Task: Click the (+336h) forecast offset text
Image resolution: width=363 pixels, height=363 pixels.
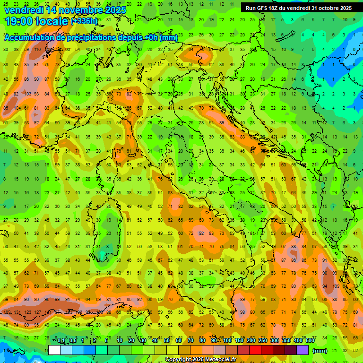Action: tap(84, 21)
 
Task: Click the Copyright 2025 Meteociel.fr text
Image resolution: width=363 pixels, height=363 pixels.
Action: tap(200, 360)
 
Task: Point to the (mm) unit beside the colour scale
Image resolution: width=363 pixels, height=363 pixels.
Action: tap(320, 351)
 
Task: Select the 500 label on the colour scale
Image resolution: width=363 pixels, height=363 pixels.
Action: tap(310, 341)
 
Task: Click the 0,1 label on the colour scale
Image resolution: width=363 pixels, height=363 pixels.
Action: tap(61, 341)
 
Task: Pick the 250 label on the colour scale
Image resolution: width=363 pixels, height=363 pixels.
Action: tap(263, 341)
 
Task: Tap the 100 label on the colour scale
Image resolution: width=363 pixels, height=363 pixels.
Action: tap(227, 341)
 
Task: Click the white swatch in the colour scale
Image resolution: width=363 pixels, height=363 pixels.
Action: tap(54, 350)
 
